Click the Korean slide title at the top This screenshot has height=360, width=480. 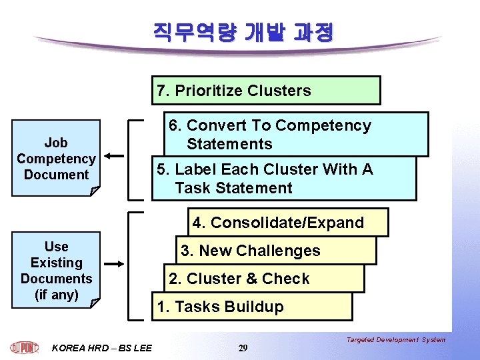[243, 31]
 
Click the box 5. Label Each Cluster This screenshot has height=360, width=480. [283, 179]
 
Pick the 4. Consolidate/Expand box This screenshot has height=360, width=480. [287, 223]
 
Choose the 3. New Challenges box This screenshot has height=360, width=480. [276, 251]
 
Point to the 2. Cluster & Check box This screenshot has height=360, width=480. [263, 279]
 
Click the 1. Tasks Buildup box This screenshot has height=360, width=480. [251, 307]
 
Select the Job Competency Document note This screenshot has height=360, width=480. [56, 158]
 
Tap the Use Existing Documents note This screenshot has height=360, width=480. [56, 270]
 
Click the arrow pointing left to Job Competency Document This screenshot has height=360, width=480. [115, 157]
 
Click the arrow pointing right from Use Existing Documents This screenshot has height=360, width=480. [114, 263]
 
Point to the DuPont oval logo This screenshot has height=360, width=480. [25, 347]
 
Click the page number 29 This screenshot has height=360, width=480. [243, 348]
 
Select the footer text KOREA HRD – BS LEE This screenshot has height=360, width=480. [101, 347]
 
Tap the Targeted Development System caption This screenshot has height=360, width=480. [396, 340]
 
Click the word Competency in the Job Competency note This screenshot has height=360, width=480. [56, 159]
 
